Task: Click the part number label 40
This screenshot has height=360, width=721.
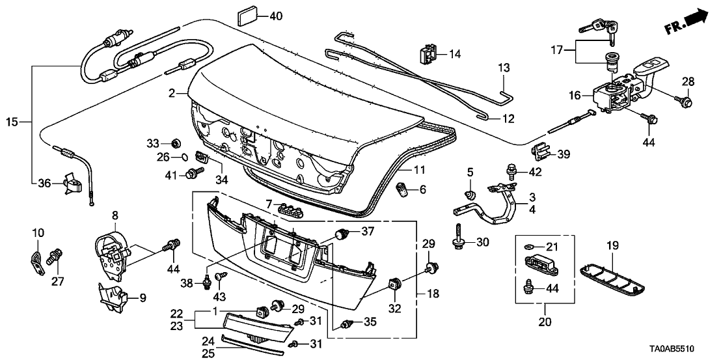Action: pyautogui.click(x=276, y=16)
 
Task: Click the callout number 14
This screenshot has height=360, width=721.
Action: pyautogui.click(x=454, y=54)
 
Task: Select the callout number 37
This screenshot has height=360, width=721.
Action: pyautogui.click(x=368, y=232)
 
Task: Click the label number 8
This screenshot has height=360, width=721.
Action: pyautogui.click(x=115, y=215)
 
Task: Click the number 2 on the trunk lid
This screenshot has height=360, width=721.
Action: pyautogui.click(x=172, y=94)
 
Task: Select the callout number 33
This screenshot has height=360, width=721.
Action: pyautogui.click(x=152, y=143)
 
